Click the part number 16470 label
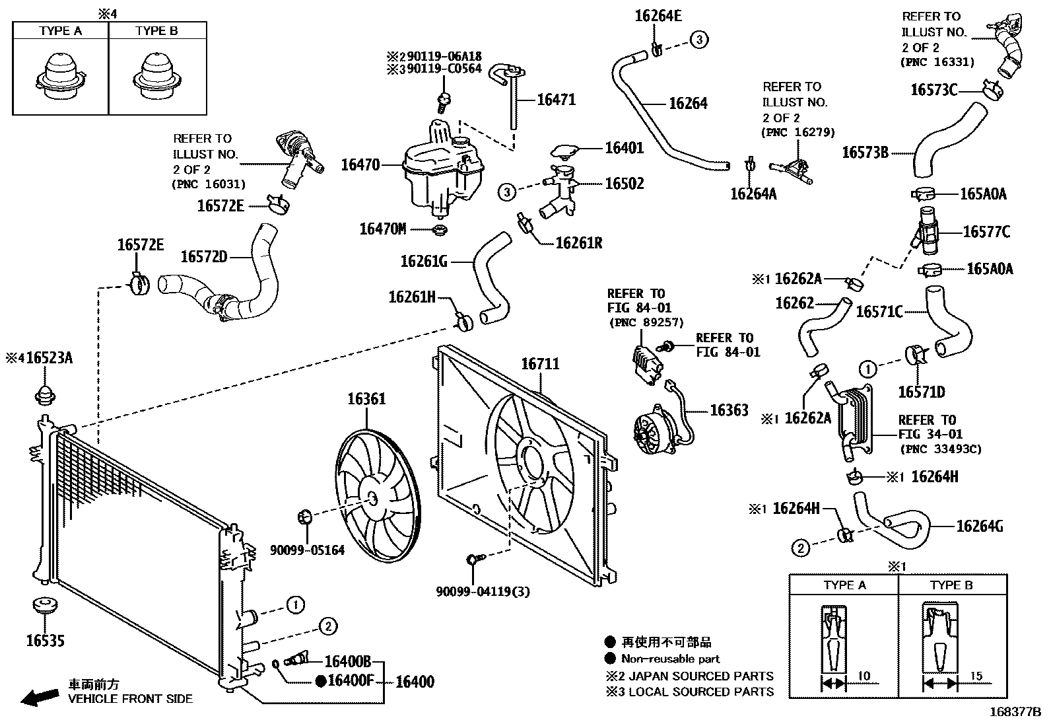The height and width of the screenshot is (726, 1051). tap(360, 164)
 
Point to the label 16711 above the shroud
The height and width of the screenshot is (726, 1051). tap(540, 363)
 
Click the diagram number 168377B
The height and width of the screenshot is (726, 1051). tap(1014, 713)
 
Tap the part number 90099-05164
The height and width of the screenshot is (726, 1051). tap(307, 550)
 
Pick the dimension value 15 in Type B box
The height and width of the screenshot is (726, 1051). tap(976, 676)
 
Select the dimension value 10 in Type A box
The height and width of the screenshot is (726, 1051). tap(864, 676)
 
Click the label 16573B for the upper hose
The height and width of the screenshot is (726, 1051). tap(865, 153)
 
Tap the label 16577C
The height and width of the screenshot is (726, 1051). tap(986, 232)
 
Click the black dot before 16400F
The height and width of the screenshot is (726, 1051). tap(321, 682)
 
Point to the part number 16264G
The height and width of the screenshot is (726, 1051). tap(980, 526)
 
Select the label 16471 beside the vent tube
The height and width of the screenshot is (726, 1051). tap(556, 100)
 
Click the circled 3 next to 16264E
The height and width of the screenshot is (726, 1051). tap(699, 40)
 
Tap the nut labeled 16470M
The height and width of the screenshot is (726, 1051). tap(439, 230)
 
